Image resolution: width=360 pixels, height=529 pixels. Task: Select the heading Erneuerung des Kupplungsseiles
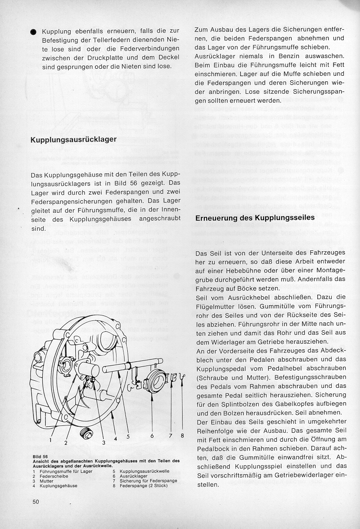(255, 217)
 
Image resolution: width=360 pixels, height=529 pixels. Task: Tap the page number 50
(36, 501)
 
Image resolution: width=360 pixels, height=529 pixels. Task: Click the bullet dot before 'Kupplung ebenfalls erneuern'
(33, 32)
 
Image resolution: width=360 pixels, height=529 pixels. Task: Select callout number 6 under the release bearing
(152, 436)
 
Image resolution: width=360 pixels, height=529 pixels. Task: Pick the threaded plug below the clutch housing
(85, 435)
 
